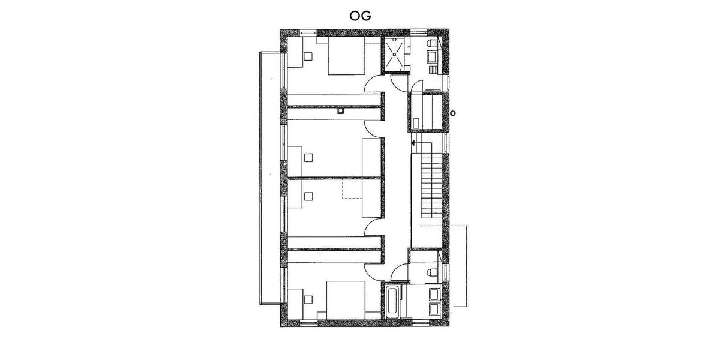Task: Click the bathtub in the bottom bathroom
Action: point(392,302)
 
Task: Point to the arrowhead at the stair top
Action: point(413,143)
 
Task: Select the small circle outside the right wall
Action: point(454,112)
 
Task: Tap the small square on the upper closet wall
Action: point(340,110)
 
